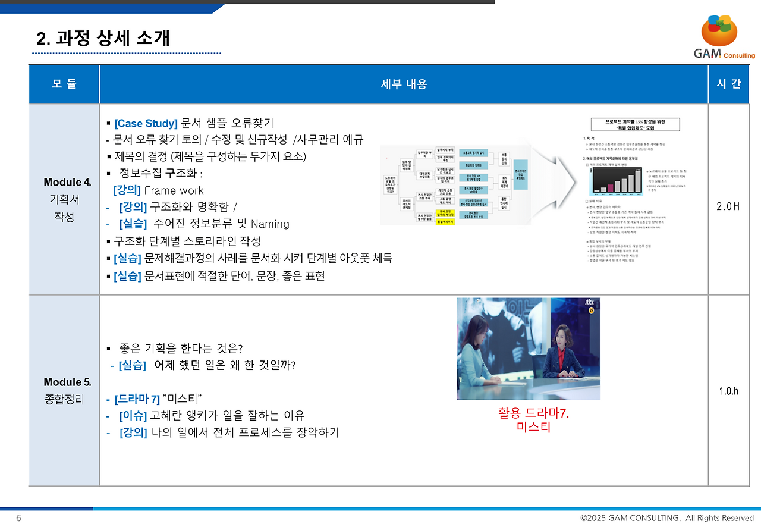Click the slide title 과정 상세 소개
pyautogui.click(x=103, y=39)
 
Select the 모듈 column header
pyautogui.click(x=64, y=84)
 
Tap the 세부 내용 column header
pyautogui.click(x=404, y=84)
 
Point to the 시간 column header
pyautogui.click(x=728, y=84)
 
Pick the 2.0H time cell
pyautogui.click(x=728, y=206)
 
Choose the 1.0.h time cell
pyautogui.click(x=728, y=391)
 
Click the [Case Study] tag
pyautogui.click(x=146, y=124)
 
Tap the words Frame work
pyautogui.click(x=174, y=190)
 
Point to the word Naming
pyautogui.click(x=270, y=224)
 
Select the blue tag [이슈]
pyautogui.click(x=133, y=416)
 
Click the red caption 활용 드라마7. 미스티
pyautogui.click(x=533, y=420)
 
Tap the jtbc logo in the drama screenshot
pyautogui.click(x=589, y=303)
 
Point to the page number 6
pyautogui.click(x=18, y=518)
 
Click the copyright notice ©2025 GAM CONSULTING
pyautogui.click(x=666, y=518)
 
